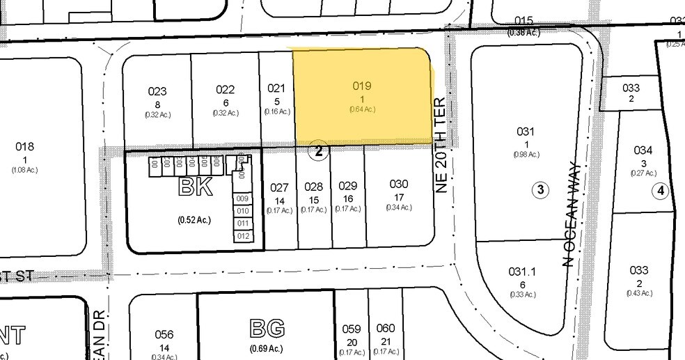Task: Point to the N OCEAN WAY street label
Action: (569, 219)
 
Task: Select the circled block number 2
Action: (318, 151)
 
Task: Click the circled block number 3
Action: (540, 189)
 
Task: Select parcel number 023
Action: (157, 91)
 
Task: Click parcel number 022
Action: (225, 90)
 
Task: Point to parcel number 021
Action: (276, 88)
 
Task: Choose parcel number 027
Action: (279, 187)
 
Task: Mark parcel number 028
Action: (313, 187)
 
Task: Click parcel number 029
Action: (347, 186)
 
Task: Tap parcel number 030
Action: (399, 184)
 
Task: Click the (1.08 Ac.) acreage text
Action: (24, 169)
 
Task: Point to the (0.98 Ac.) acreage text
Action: (526, 154)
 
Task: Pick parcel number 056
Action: (164, 334)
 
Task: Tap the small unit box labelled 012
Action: (242, 236)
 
